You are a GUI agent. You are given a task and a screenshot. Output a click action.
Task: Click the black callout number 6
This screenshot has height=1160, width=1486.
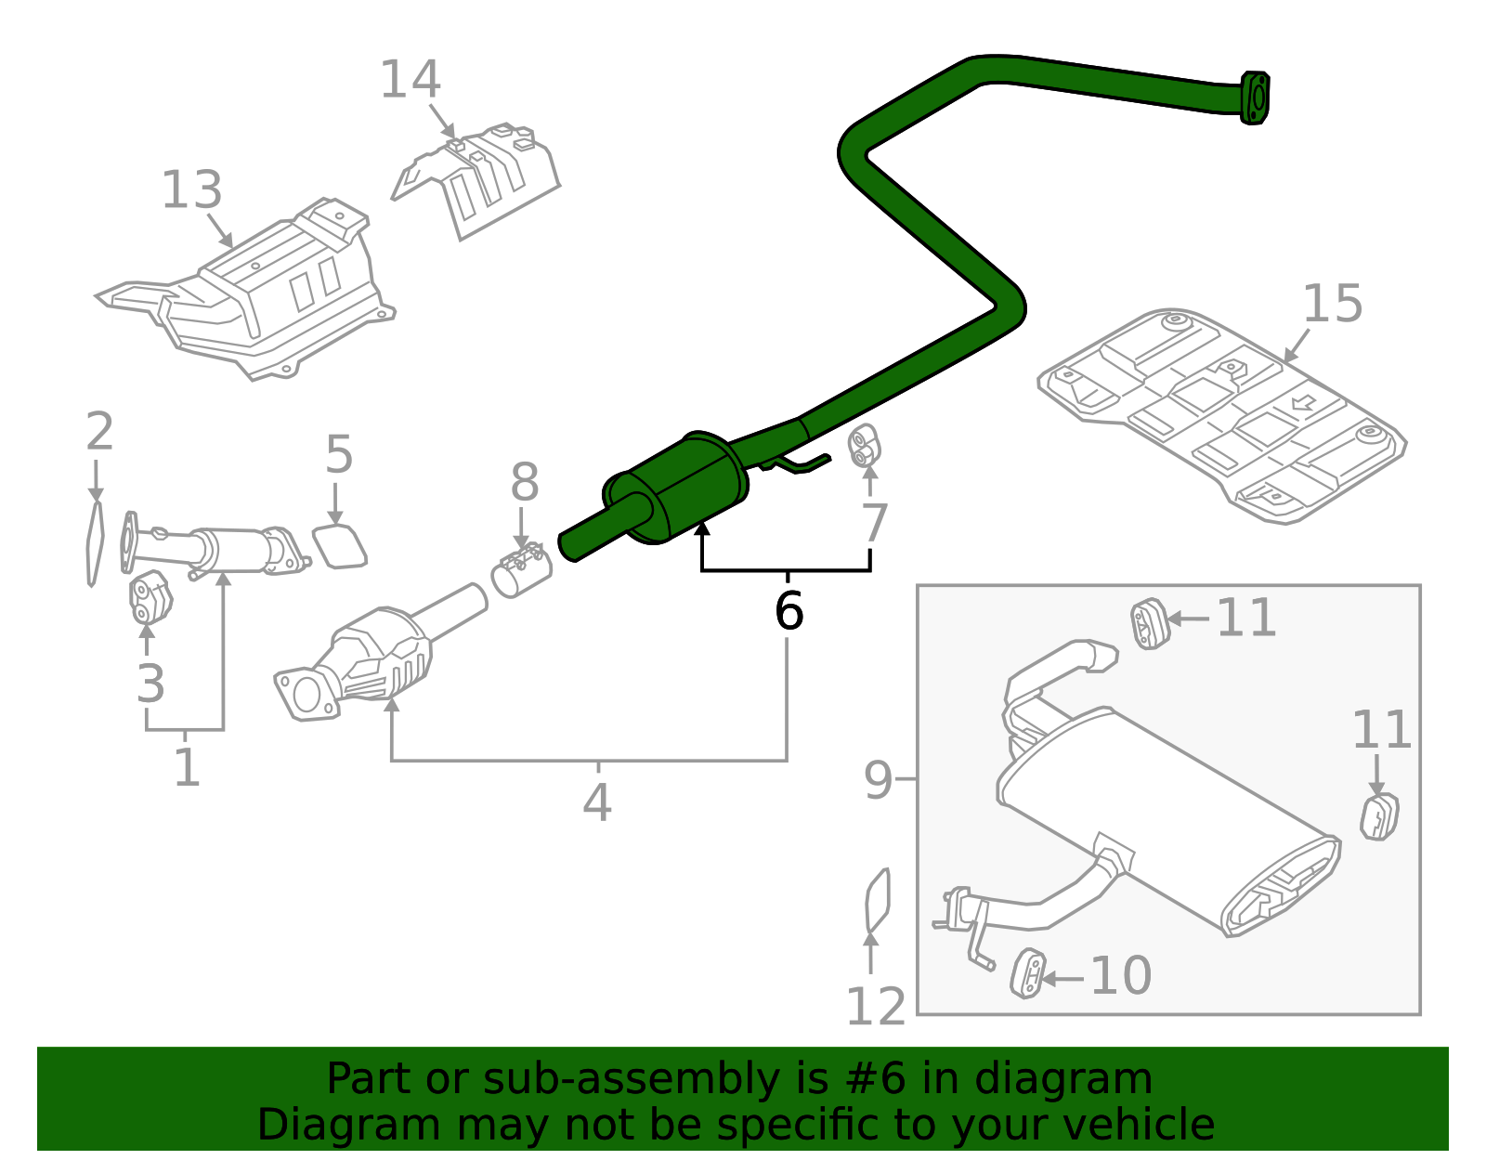pyautogui.click(x=789, y=611)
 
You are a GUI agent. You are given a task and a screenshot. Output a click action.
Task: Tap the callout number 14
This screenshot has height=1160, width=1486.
pyautogui.click(x=410, y=80)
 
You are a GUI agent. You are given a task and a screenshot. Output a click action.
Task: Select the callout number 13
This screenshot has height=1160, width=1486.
pyautogui.click(x=191, y=190)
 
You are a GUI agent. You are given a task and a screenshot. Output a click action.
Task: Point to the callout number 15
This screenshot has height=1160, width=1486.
pyautogui.click(x=1332, y=304)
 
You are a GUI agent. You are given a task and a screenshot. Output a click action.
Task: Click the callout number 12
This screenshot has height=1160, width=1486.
pyautogui.click(x=875, y=1007)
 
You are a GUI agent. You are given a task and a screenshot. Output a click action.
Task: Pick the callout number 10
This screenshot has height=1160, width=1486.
pyautogui.click(x=1120, y=976)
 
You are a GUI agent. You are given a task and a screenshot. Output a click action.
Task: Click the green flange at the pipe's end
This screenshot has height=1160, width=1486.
pyautogui.click(x=1255, y=97)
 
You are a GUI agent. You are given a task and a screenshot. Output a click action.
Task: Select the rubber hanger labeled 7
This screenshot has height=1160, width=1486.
pyautogui.click(x=866, y=447)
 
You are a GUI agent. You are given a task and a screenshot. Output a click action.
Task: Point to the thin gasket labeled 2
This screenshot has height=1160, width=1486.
pyautogui.click(x=95, y=543)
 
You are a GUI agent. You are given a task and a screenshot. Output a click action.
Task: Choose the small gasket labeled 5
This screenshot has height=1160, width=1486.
pyautogui.click(x=340, y=546)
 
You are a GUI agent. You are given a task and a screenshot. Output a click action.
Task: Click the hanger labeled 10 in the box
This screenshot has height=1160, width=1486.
pyautogui.click(x=1027, y=974)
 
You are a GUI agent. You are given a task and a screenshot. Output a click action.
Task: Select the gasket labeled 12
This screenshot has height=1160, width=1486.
pyautogui.click(x=877, y=899)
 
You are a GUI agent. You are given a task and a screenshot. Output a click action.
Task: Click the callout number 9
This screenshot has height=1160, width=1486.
pyautogui.click(x=878, y=779)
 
